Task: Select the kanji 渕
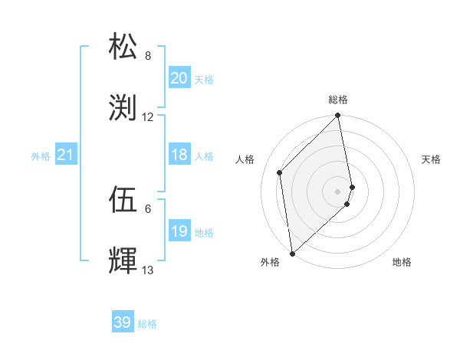click(x=124, y=107)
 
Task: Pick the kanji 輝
click(x=124, y=260)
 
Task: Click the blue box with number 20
click(x=179, y=78)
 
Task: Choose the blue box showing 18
click(x=179, y=155)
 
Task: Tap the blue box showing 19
click(x=179, y=231)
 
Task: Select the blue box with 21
click(x=65, y=155)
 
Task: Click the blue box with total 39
click(x=123, y=322)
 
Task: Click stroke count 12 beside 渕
click(x=148, y=117)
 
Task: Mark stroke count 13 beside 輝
click(x=148, y=270)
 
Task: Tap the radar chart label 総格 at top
click(x=338, y=100)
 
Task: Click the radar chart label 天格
click(x=431, y=159)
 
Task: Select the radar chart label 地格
click(x=402, y=262)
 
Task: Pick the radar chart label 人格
click(x=245, y=159)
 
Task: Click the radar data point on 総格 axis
click(x=338, y=116)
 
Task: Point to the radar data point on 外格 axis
click(x=292, y=253)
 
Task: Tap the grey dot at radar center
click(x=338, y=190)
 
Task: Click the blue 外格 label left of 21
click(x=41, y=156)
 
